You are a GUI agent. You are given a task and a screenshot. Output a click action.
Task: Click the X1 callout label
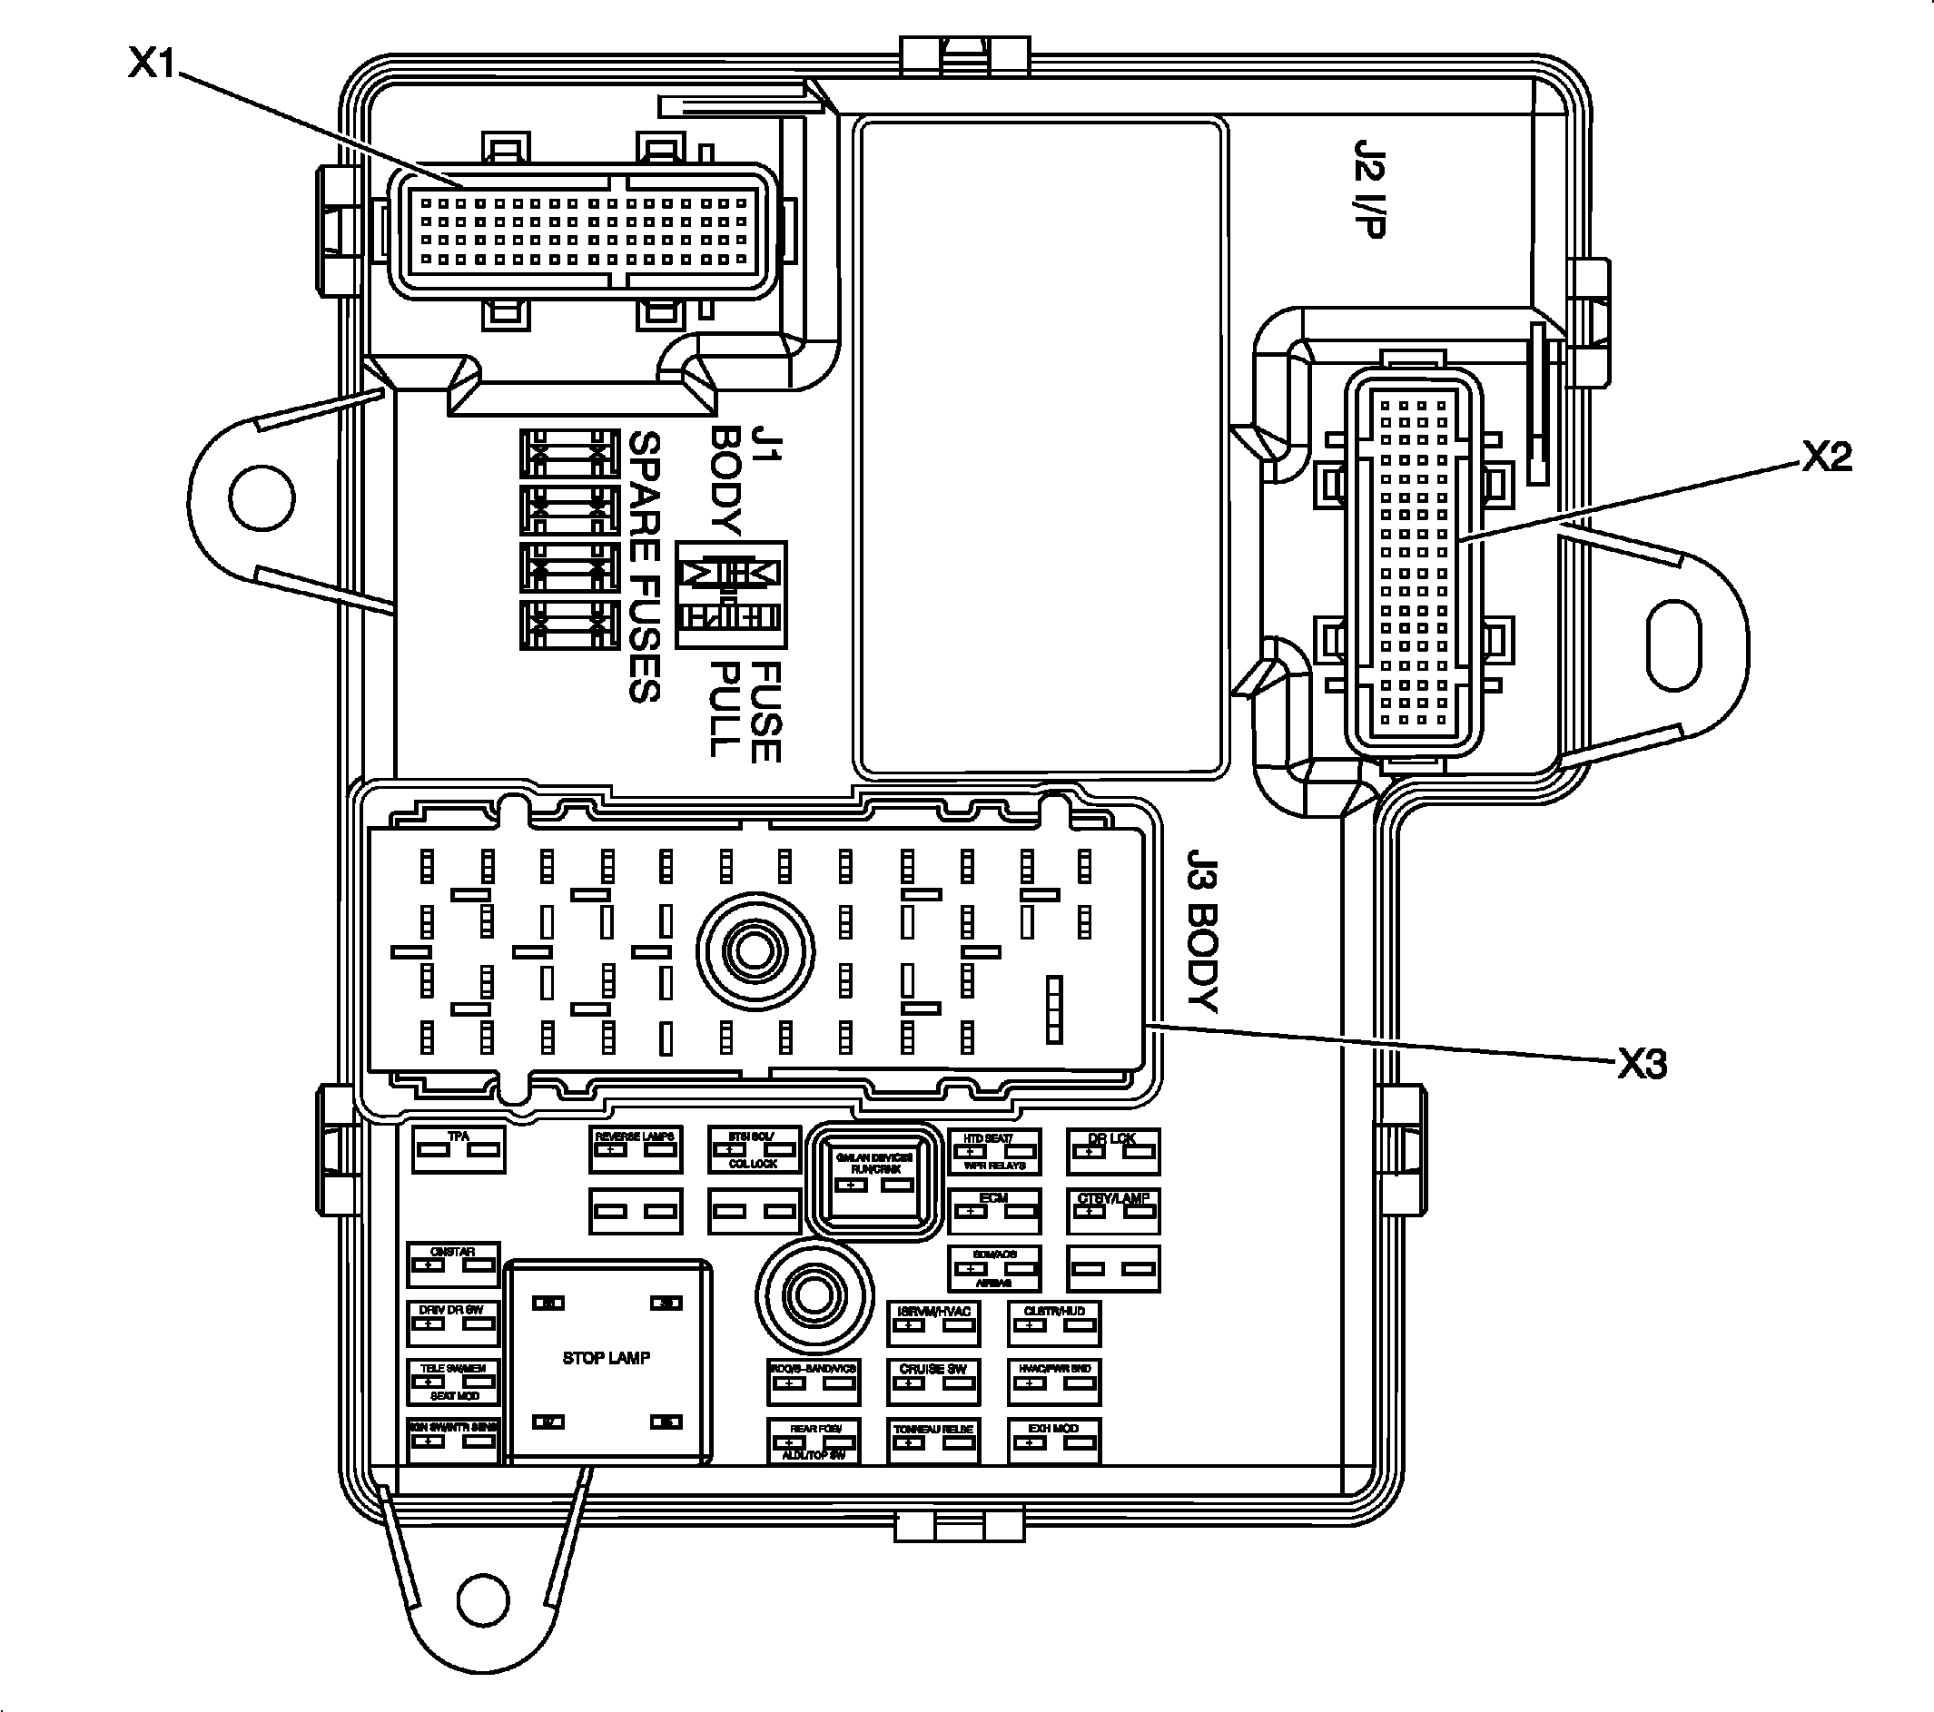pos(153,64)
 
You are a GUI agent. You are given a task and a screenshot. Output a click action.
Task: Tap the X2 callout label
pos(1825,458)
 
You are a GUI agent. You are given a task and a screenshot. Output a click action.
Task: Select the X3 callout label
pos(1642,1065)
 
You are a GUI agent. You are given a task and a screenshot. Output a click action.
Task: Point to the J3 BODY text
pos(1201,930)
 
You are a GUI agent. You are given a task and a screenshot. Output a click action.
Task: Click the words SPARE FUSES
pos(644,567)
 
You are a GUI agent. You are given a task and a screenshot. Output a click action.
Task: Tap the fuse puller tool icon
pos(730,595)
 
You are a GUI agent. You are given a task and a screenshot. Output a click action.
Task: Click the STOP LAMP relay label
pos(606,1358)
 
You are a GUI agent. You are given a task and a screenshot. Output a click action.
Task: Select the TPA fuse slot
pos(459,1149)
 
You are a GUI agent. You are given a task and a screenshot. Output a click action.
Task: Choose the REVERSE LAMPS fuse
pos(635,1149)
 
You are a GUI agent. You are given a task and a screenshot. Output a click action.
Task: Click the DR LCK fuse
pos(1112,1150)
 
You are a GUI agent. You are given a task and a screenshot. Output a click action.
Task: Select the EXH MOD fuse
pos(1053,1441)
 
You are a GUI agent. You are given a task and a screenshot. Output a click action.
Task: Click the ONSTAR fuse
pos(452,1264)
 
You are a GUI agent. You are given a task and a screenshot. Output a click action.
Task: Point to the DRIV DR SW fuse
pos(452,1323)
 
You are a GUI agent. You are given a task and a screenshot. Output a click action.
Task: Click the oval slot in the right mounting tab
pos(1674,648)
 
